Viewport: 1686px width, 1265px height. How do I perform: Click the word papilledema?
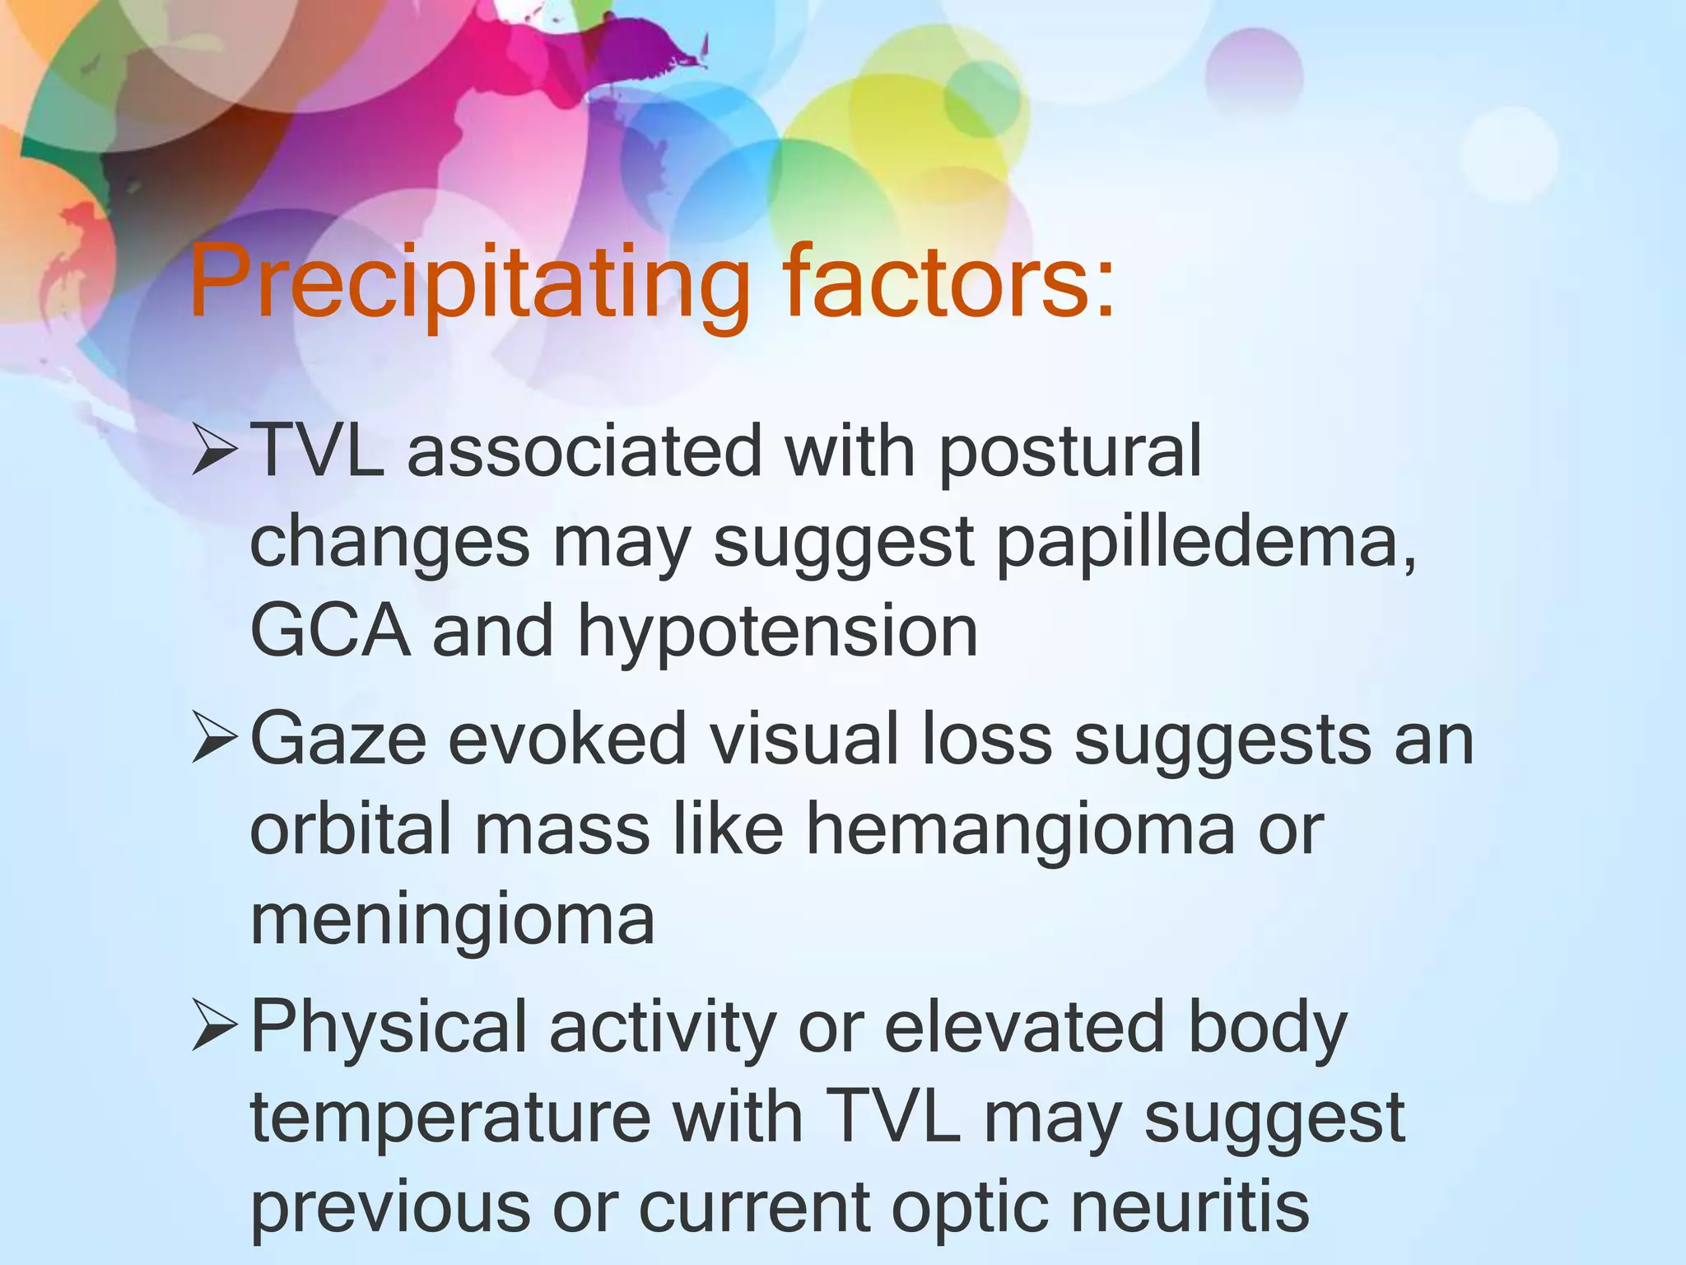(1207, 544)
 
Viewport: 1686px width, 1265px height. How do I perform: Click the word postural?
(1069, 453)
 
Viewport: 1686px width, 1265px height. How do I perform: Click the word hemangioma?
(1020, 830)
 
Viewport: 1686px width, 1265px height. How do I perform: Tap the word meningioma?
(452, 921)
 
